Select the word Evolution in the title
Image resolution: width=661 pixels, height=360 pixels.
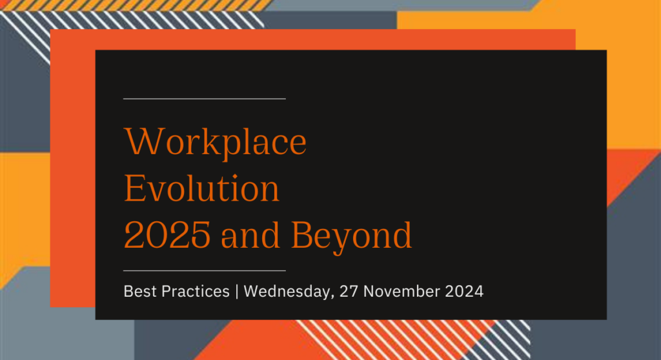pos(201,188)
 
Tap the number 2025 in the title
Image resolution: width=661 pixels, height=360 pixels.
pos(167,235)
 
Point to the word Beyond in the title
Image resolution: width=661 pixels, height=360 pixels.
pos(352,238)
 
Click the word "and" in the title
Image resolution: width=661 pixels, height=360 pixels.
pos(250,234)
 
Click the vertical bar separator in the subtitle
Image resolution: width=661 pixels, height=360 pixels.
pos(236,292)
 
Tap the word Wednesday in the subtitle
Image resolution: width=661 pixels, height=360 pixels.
pos(287,291)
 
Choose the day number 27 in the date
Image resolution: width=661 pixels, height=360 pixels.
pos(348,291)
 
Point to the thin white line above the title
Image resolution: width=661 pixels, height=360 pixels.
pos(205,99)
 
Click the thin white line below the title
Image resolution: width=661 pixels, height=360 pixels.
pos(205,270)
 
